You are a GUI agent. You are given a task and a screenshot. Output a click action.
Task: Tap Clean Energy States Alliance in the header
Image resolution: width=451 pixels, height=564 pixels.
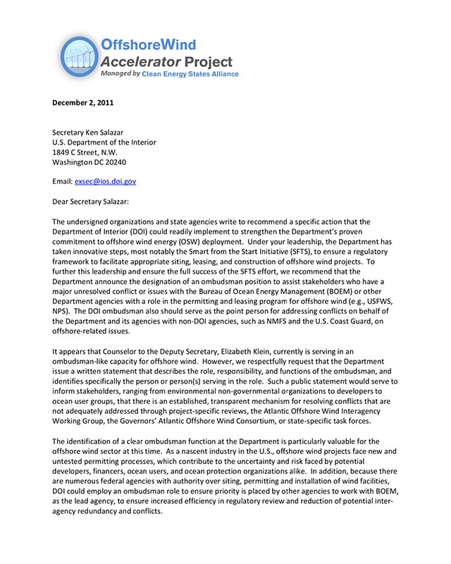click(x=190, y=74)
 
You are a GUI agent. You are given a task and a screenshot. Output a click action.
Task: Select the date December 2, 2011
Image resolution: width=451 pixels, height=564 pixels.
click(x=82, y=102)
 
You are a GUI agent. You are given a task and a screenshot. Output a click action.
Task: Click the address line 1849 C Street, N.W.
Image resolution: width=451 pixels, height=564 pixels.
click(x=85, y=152)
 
